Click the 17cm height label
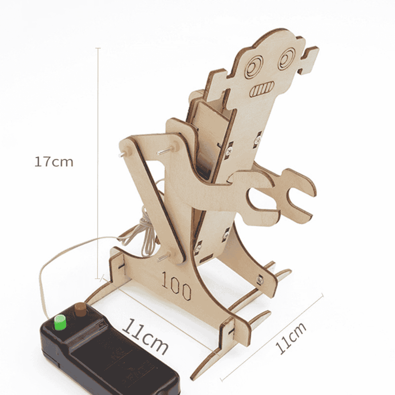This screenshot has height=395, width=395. click(x=54, y=162)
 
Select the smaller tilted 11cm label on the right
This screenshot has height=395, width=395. click(x=291, y=338)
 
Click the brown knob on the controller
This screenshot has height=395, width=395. click(x=81, y=309)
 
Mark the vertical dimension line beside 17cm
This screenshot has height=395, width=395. click(x=98, y=162)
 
